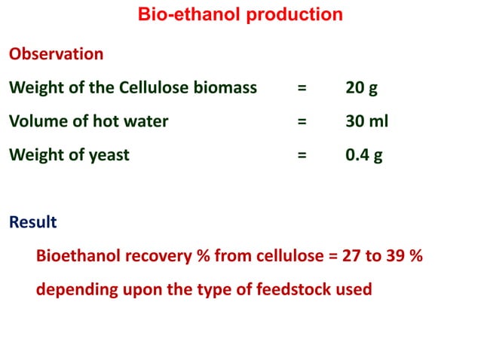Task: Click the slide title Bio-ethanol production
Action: (x=240, y=14)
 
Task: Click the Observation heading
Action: (x=56, y=54)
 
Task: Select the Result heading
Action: (x=32, y=222)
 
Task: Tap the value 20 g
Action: (x=361, y=87)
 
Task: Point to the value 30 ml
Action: (x=366, y=121)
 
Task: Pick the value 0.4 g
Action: (x=364, y=155)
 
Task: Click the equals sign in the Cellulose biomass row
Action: (x=302, y=87)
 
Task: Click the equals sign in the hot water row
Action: (x=302, y=121)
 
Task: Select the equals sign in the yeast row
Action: (x=302, y=155)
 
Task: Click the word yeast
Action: (x=108, y=156)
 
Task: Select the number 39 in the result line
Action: (x=400, y=256)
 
